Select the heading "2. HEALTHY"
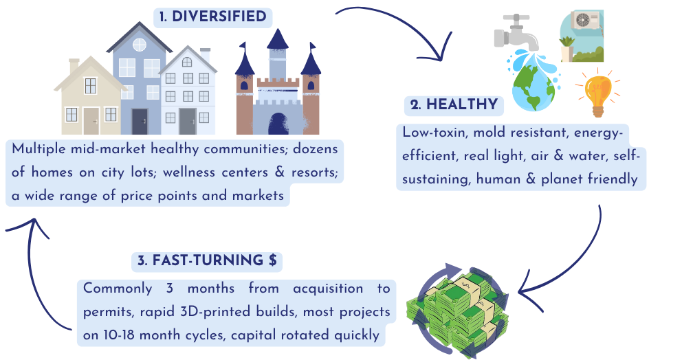tap(453, 105)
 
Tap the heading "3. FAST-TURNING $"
tap(206, 260)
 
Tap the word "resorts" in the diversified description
tap(314, 172)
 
